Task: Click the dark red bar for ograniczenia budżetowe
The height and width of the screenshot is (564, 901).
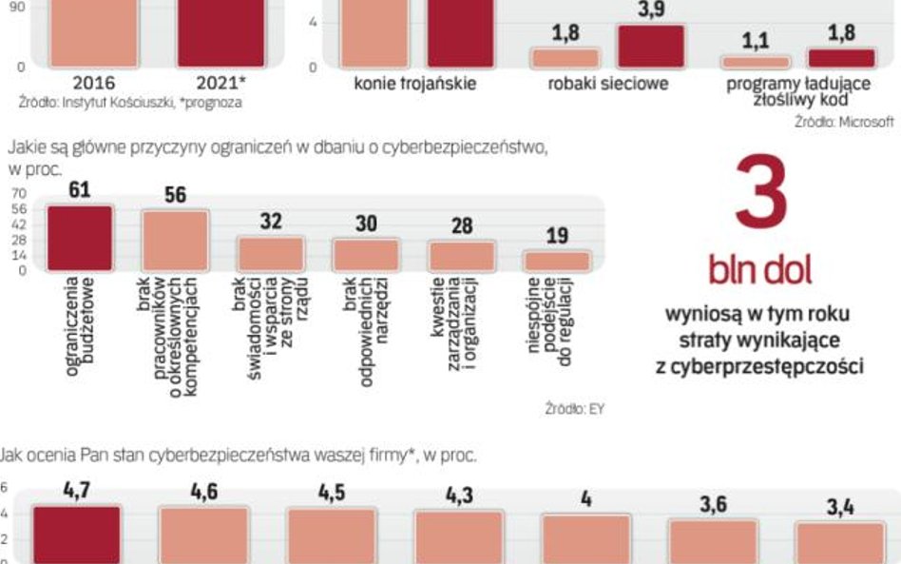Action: [x=80, y=239]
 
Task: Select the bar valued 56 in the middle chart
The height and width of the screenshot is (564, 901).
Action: [x=175, y=242]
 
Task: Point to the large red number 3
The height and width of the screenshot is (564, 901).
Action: [x=759, y=196]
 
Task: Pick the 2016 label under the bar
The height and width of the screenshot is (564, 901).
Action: [x=94, y=84]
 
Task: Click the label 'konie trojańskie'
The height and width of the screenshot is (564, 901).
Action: [x=414, y=84]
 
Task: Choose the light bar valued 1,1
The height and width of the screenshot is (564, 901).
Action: [x=756, y=62]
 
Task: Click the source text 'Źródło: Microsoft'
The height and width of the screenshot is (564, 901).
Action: [x=845, y=122]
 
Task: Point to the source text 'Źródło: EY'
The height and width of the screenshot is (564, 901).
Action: [x=575, y=409]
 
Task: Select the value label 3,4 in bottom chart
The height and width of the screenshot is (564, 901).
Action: [x=839, y=507]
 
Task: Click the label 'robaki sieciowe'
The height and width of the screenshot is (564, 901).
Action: [x=608, y=84]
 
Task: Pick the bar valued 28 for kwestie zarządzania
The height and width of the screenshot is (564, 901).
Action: [x=461, y=256]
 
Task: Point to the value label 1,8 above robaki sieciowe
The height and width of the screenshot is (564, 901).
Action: [x=566, y=34]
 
